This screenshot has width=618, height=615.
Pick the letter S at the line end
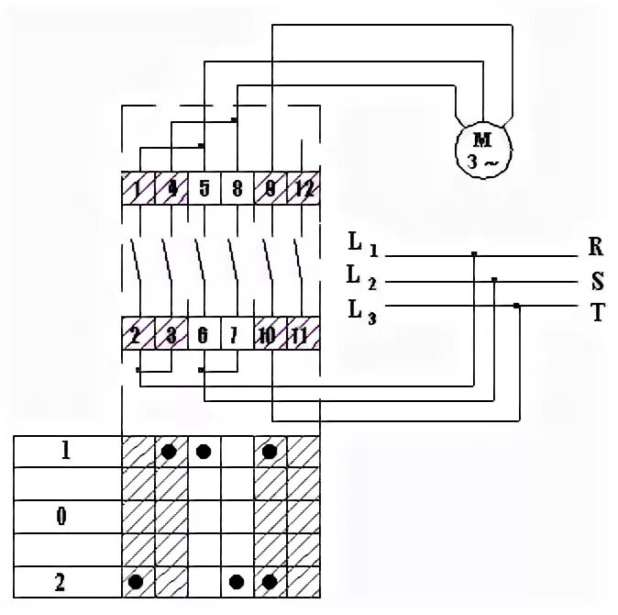(596, 281)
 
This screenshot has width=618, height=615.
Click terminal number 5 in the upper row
(204, 189)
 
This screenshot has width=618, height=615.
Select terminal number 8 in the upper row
(237, 189)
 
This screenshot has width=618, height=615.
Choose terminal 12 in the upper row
(304, 189)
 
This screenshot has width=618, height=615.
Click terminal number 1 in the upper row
(138, 189)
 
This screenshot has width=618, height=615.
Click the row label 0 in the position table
(62, 516)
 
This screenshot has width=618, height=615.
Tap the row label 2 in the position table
(63, 580)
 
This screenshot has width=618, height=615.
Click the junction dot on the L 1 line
(474, 253)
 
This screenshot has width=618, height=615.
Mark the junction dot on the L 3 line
(516, 305)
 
